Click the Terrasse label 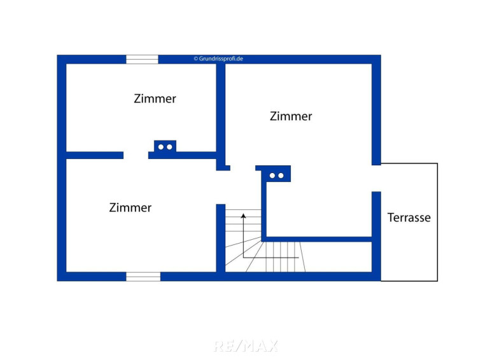[409, 218]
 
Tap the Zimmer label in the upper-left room [155, 99]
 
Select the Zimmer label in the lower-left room [130, 207]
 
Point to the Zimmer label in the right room [291, 116]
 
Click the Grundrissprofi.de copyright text [218, 59]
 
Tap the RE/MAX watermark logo [246, 346]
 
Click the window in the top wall [142, 59]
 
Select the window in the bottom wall [143, 276]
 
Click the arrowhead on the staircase [244, 216]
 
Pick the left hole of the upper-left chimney [161, 147]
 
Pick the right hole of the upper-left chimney [169, 147]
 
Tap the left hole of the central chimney [272, 176]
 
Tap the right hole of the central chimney [281, 176]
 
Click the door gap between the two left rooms [136, 155]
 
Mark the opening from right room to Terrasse [376, 178]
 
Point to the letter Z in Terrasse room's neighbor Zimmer [274, 116]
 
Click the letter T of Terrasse [391, 218]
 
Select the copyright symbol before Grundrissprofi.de [196, 59]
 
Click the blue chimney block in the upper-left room [165, 146]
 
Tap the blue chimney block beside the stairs [277, 174]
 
